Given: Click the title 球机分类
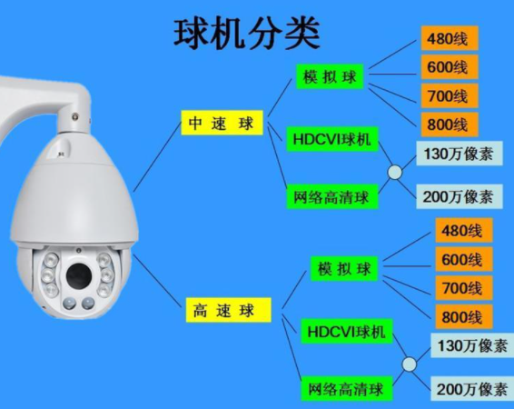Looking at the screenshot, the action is [246, 34].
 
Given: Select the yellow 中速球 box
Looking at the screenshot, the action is [222, 123].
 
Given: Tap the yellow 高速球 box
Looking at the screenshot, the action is [229, 310].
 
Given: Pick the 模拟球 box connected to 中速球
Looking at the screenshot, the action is [330, 76].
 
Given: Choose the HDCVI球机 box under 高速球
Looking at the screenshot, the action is [347, 331].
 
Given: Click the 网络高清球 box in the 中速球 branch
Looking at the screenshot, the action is [332, 197].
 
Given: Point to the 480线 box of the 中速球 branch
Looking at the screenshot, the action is [450, 38].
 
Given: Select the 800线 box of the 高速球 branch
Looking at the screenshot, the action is [464, 316].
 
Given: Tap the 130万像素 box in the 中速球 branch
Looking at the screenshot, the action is [460, 154].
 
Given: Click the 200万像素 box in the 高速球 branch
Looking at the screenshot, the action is [473, 389].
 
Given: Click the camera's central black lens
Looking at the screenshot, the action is [79, 274].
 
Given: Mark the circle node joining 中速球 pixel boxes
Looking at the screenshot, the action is [395, 173].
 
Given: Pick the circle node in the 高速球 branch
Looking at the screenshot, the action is [409, 364].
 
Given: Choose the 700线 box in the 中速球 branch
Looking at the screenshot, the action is [450, 95].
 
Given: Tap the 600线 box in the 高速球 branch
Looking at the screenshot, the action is [464, 259].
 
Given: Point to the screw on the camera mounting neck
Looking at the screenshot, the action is [75, 115].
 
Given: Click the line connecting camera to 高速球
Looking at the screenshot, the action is [157, 281].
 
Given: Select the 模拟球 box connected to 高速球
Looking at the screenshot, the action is [344, 269].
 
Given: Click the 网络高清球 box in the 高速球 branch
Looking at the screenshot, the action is [347, 389].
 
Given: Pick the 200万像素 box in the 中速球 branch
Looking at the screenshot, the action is [460, 196].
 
